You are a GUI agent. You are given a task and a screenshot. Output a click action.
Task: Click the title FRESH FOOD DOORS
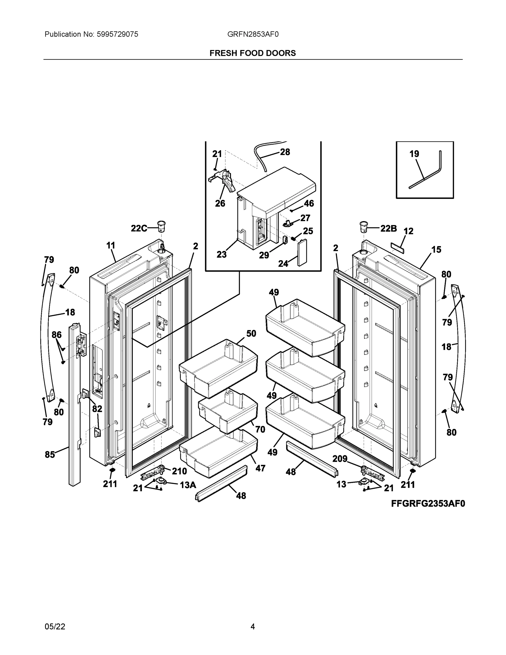[252, 53]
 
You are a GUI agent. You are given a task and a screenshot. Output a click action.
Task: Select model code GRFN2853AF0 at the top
[253, 34]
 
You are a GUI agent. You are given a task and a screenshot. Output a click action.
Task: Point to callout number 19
[414, 154]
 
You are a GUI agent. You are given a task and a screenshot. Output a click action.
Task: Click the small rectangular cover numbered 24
[302, 252]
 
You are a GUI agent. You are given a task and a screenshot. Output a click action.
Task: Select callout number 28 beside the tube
[285, 152]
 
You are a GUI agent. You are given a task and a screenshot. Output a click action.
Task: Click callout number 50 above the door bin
[251, 333]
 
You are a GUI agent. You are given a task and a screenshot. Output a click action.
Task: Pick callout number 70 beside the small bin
[260, 430]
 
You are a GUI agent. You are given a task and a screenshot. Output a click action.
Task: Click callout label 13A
[188, 485]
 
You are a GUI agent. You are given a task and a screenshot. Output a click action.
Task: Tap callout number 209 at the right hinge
[340, 458]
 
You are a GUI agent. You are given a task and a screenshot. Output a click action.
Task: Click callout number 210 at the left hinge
[179, 471]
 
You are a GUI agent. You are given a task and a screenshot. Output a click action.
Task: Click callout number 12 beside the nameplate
[408, 231]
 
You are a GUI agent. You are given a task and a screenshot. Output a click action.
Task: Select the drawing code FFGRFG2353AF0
[428, 504]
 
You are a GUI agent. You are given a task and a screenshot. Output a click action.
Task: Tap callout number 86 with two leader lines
[56, 335]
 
